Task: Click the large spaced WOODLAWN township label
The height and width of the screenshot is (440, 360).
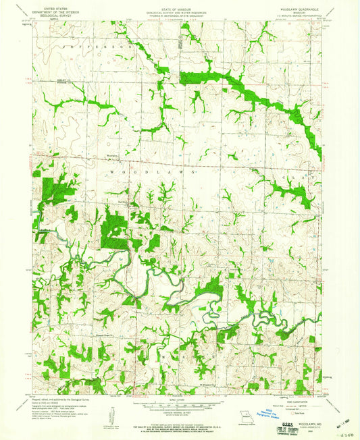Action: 153,173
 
